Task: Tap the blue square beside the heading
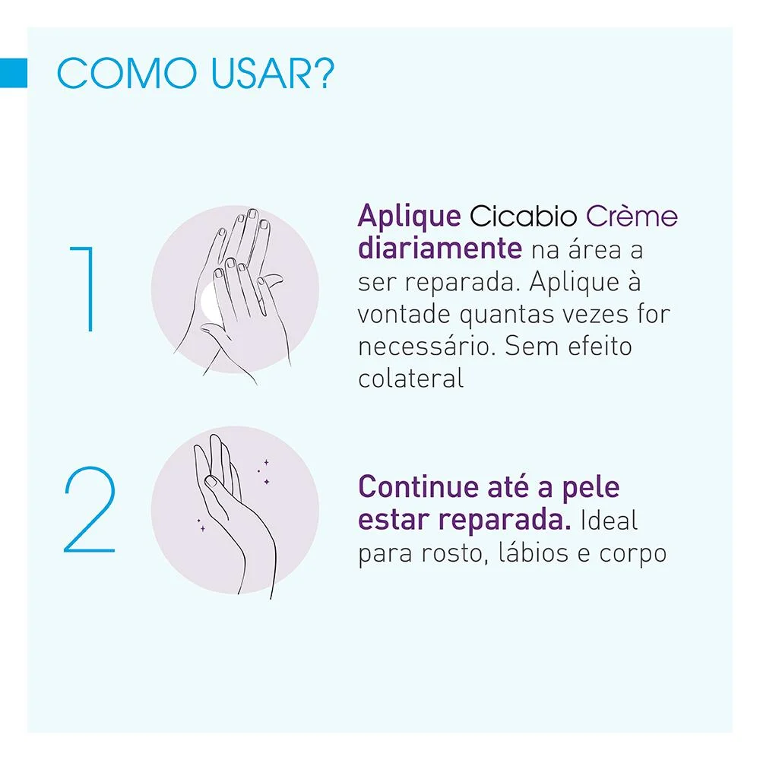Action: [14, 73]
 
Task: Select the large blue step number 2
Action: [90, 510]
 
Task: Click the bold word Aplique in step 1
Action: [409, 217]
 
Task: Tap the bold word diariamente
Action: [439, 249]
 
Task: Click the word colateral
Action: [410, 378]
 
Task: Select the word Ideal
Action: [609, 521]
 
